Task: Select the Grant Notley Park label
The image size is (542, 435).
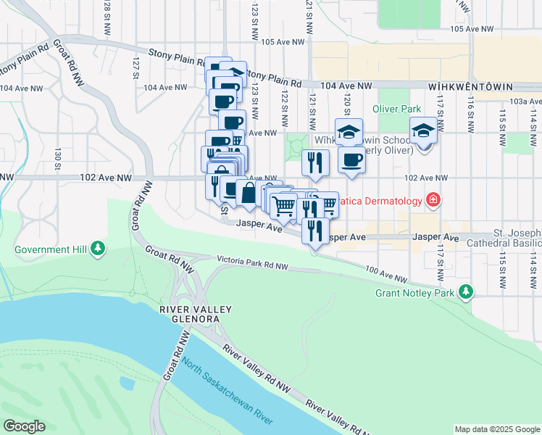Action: tap(416, 294)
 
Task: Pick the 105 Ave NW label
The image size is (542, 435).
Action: tap(472, 29)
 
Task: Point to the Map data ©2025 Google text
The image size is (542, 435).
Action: tap(497, 429)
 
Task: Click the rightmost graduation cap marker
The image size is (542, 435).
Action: tap(423, 131)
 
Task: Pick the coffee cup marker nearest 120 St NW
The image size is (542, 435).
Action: tap(351, 159)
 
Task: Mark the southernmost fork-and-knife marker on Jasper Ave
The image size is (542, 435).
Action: tap(314, 231)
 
